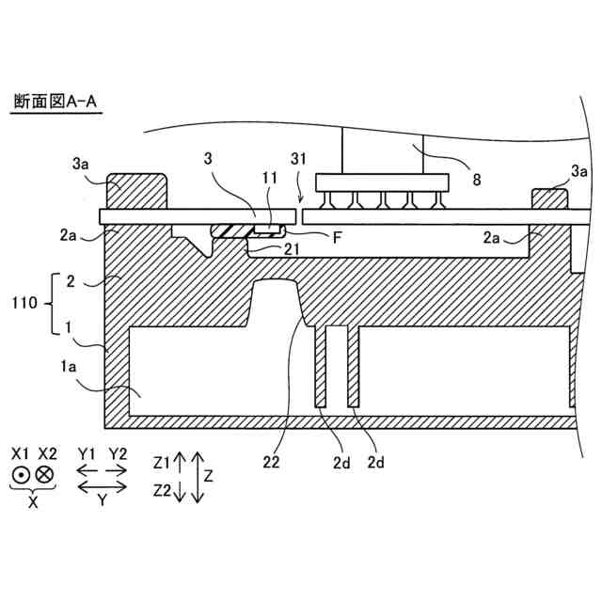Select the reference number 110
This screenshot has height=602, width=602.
tap(24, 304)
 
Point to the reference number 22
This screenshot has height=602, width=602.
tap(270, 461)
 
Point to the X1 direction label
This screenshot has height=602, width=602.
tap(20, 453)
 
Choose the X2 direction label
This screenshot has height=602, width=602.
tap(45, 453)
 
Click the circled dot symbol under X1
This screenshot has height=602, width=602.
tap(20, 473)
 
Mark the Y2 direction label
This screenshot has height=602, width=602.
tap(118, 453)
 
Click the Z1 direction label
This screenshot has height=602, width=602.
tap(162, 463)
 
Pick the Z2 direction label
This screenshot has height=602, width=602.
tap(162, 489)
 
